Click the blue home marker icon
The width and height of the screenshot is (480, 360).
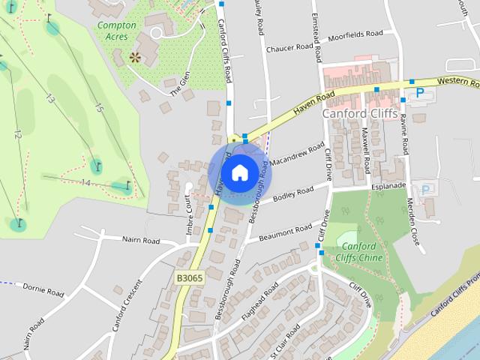click(x=239, y=172)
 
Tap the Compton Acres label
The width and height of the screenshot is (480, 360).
click(x=117, y=30)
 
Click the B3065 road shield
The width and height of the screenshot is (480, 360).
click(x=190, y=277)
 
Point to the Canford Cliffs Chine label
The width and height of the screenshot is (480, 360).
click(x=361, y=252)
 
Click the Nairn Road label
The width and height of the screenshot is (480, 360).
click(x=141, y=241)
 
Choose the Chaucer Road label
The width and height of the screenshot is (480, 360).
click(x=289, y=46)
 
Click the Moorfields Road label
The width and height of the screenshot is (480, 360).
click(x=355, y=34)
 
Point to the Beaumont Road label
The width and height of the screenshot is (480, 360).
click(x=285, y=232)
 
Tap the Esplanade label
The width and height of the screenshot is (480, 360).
click(x=388, y=184)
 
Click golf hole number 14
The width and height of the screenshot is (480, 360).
click(x=85, y=182)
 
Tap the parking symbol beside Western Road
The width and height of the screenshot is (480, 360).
click(x=420, y=92)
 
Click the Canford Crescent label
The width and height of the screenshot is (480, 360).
click(x=127, y=306)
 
